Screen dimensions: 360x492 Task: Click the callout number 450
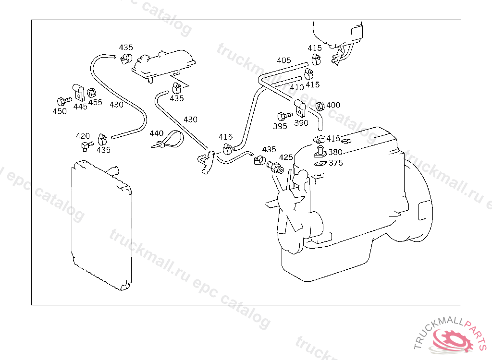(x=60, y=111)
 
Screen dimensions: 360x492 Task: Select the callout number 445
(x=80, y=107)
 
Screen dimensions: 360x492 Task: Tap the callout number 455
(x=95, y=102)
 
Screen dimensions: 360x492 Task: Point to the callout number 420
(x=83, y=136)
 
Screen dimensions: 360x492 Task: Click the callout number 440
(x=157, y=133)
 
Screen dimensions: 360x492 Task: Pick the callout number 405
(x=283, y=60)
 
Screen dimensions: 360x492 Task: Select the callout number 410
(x=297, y=87)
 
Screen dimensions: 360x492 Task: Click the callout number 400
(x=333, y=105)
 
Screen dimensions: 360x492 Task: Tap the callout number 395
(x=280, y=126)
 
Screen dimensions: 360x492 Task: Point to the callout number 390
(x=301, y=123)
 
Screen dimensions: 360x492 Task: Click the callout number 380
(x=335, y=152)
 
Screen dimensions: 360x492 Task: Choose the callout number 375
(x=335, y=163)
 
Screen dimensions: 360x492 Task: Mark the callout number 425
(x=286, y=157)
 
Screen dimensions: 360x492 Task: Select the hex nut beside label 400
(x=320, y=106)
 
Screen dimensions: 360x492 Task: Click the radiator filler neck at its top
(x=114, y=170)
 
